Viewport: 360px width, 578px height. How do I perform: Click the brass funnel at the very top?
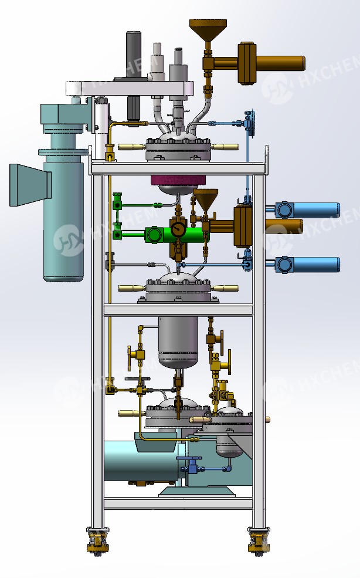tap(208, 29)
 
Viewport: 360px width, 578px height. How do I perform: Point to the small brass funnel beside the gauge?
tap(205, 200)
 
